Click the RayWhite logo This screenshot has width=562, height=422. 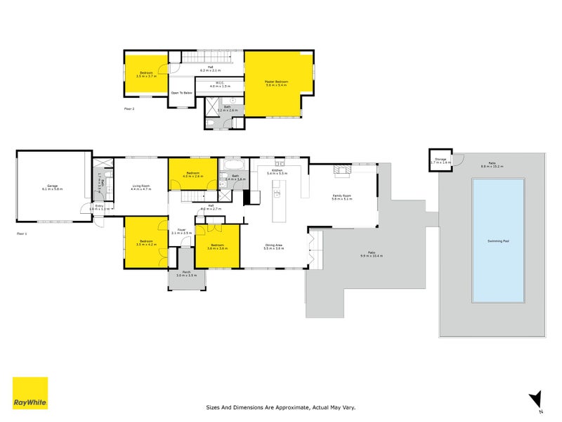coord(30,393)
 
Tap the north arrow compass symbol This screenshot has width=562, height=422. coord(535,398)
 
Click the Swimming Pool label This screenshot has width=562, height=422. coord(498,241)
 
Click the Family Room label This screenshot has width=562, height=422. coord(341,197)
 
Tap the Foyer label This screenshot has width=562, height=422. coord(181,230)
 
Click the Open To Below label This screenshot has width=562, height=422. coord(181,93)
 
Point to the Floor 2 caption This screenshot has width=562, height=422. coord(129,109)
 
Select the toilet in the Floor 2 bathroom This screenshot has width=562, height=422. coord(211,124)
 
